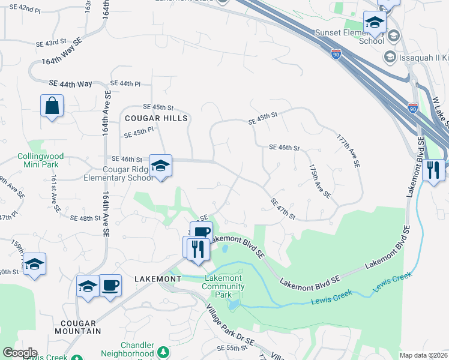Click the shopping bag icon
coord(52,106)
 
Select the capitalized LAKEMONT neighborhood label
coord(158,280)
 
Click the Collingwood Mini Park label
coord(40,160)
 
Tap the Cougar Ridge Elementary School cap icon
coord(160,166)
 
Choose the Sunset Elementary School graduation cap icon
coord(375,23)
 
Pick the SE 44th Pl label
coord(125,83)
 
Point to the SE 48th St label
coord(85,218)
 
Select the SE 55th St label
coord(232,348)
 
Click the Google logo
coord(19,353)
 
